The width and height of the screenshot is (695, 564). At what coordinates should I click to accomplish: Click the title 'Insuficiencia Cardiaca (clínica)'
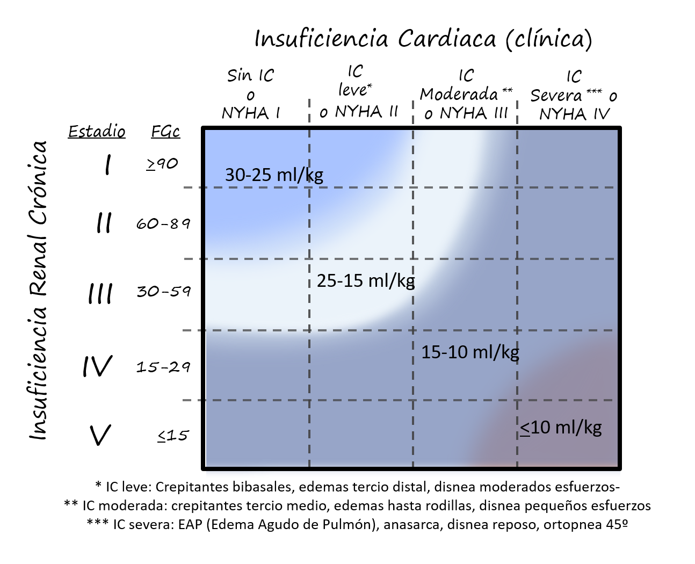(423, 39)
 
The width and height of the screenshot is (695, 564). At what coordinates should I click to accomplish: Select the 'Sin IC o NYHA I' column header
(250, 94)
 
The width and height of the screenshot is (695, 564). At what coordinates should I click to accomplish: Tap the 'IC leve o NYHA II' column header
(358, 92)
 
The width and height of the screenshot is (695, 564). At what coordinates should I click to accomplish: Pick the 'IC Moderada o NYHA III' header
(466, 95)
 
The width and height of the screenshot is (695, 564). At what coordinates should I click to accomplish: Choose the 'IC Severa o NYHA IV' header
(573, 95)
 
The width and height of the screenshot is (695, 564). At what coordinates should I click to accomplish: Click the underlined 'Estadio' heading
(97, 132)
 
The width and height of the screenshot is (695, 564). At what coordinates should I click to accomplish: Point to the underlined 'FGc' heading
(165, 132)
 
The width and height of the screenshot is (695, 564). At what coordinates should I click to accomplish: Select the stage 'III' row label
(100, 294)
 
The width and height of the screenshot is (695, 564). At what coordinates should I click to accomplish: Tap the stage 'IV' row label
(98, 366)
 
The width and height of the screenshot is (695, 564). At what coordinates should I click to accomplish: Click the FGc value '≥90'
(162, 163)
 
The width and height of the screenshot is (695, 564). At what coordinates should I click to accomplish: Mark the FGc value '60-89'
(163, 223)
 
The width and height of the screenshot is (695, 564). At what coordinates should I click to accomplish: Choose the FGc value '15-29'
(163, 367)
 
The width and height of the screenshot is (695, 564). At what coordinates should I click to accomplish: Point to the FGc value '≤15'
(173, 435)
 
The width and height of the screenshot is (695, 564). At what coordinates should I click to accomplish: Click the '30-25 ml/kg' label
(274, 175)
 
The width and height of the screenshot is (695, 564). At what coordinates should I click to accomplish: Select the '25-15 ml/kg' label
(366, 280)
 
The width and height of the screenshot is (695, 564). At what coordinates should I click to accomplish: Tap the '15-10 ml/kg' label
(470, 352)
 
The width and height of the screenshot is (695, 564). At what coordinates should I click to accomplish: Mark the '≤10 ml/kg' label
(561, 428)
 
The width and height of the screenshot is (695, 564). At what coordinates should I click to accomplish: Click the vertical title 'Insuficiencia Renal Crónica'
(39, 291)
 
